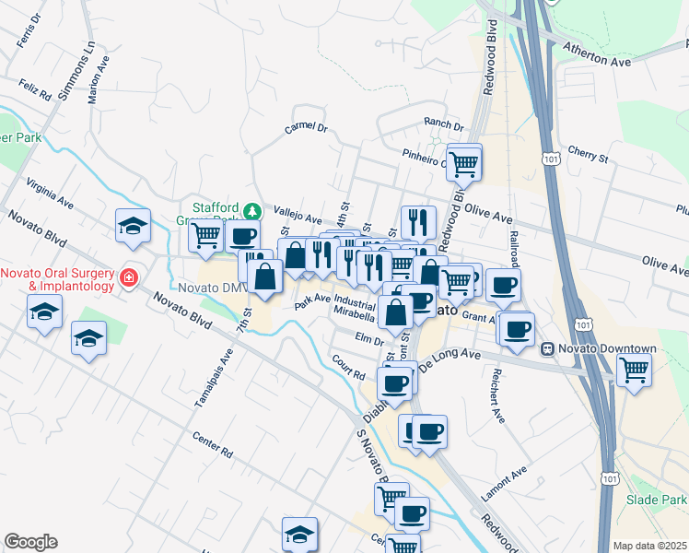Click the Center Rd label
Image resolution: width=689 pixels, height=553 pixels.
pyautogui.click(x=213, y=445)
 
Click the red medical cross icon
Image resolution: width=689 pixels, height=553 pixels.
pyautogui.click(x=128, y=276)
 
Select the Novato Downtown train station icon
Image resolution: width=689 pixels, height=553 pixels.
pyautogui.click(x=547, y=348)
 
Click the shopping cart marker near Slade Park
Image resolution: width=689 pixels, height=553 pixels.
pyautogui.click(x=633, y=371)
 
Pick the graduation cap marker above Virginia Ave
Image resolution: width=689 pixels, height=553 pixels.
pyautogui.click(x=134, y=226)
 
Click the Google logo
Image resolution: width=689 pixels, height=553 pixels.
pyautogui.click(x=30, y=542)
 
